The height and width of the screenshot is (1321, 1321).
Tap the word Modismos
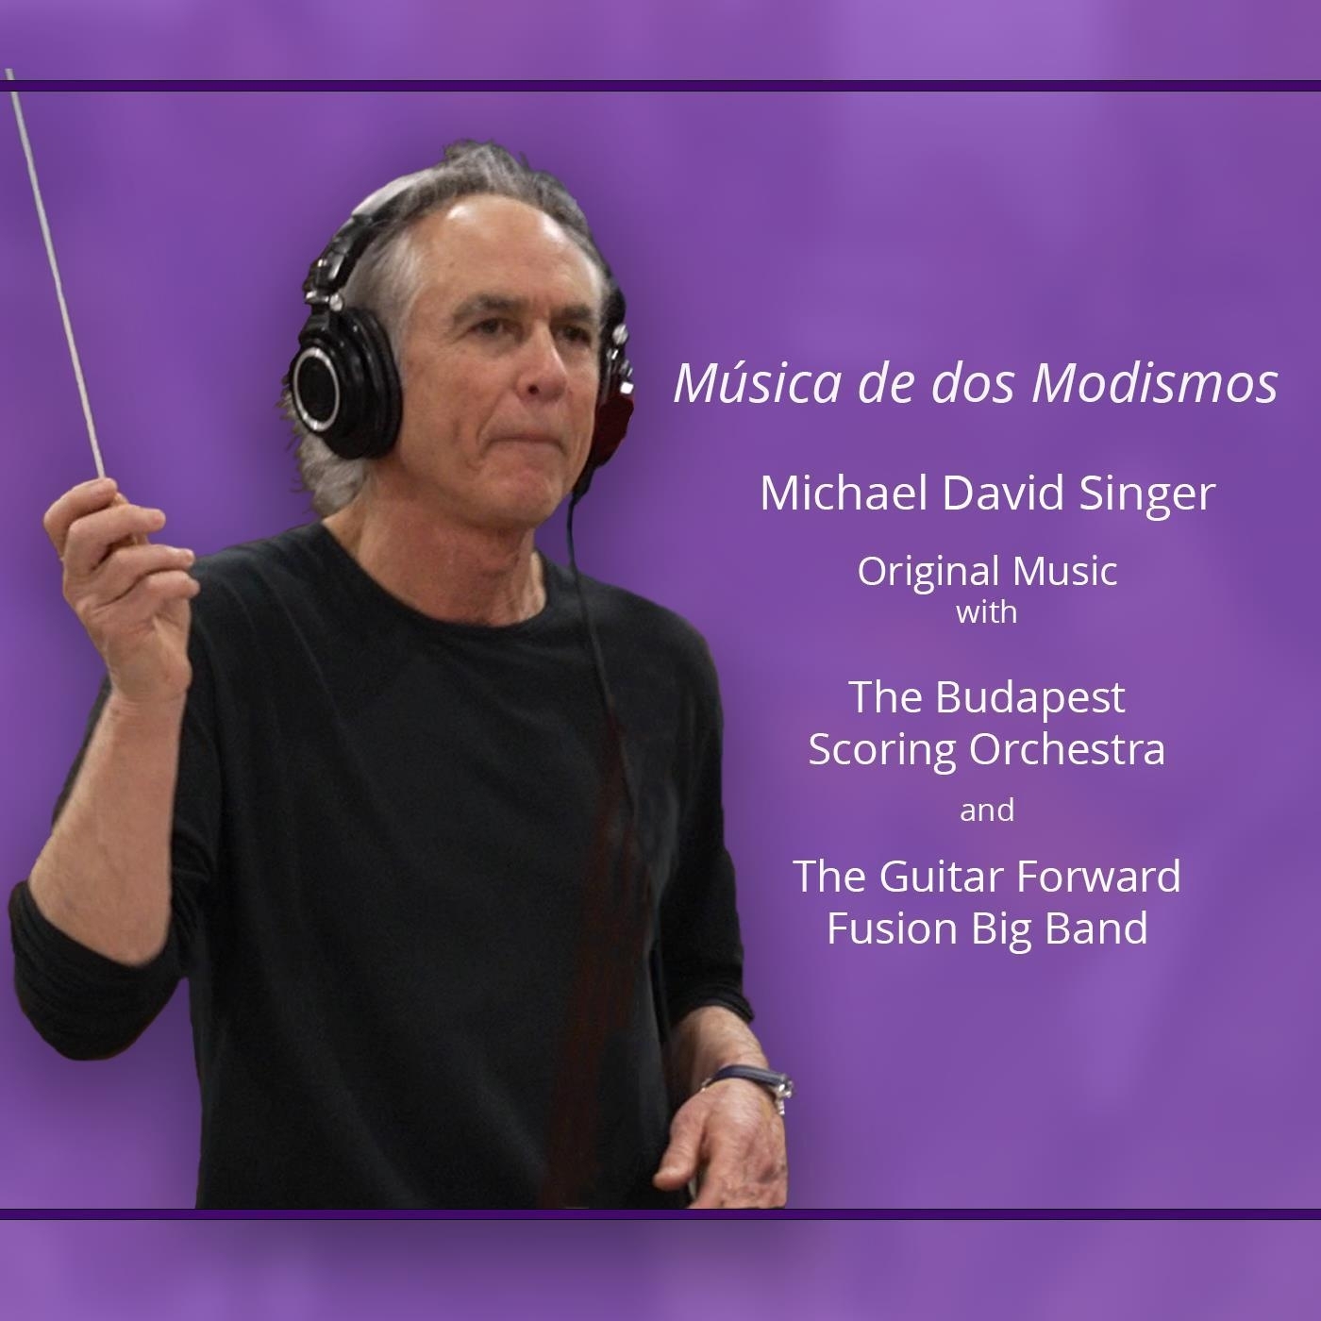point(1154,384)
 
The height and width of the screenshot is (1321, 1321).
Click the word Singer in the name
point(1146,496)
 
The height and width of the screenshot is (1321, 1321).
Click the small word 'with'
point(986,612)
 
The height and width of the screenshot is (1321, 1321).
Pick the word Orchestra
point(1066,749)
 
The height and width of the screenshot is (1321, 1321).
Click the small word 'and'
point(987,811)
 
